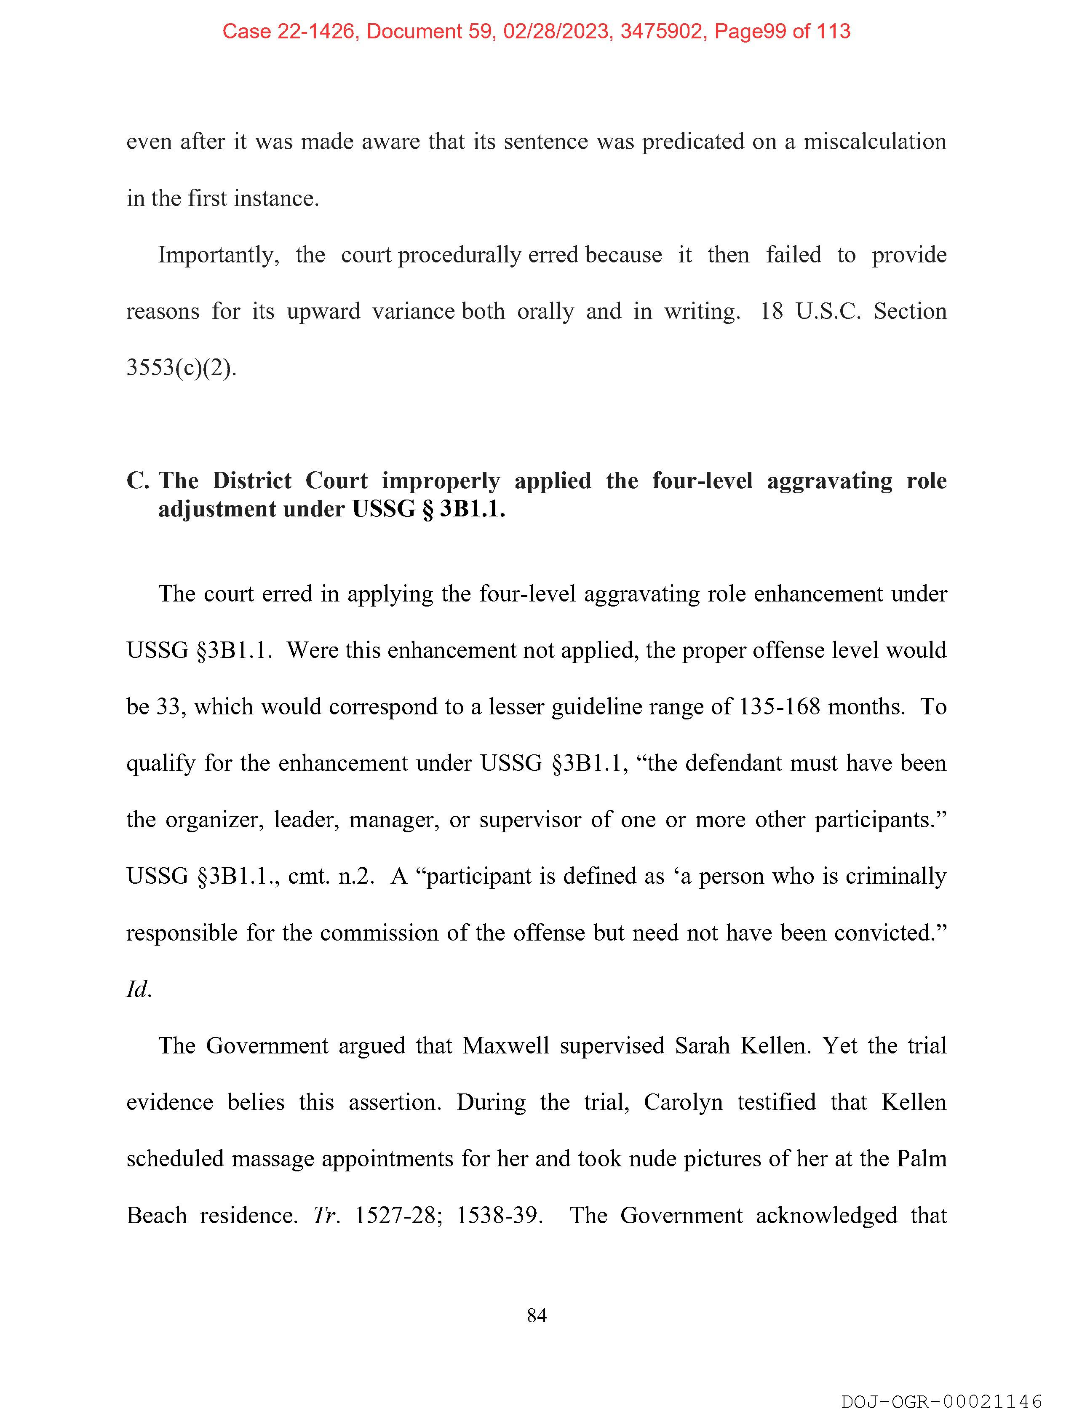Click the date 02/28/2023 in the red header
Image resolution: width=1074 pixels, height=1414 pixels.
point(556,31)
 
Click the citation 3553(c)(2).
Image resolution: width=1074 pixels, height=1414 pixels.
point(181,368)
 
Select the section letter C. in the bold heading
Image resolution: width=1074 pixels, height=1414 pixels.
point(137,480)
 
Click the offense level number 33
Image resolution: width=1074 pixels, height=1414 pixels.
point(168,706)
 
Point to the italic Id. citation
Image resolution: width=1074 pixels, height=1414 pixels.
point(139,989)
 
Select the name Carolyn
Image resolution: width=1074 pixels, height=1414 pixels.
point(683,1102)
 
